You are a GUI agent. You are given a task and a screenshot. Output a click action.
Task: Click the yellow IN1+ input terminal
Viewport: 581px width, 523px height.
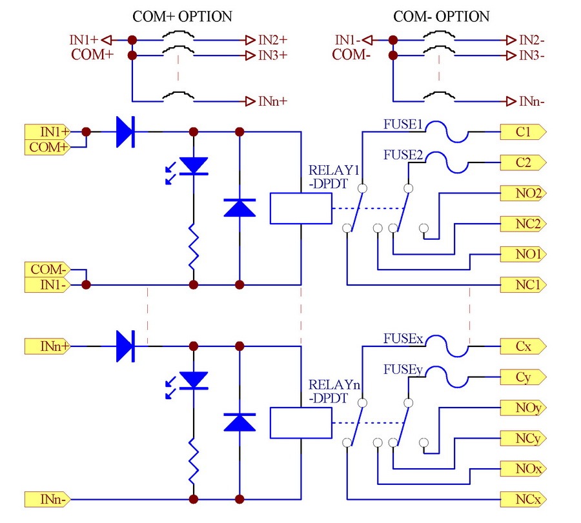coord(47,132)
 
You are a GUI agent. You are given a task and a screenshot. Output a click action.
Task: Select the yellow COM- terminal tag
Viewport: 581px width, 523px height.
coord(47,270)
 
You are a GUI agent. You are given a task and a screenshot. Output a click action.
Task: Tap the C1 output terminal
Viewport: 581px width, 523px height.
coord(523,132)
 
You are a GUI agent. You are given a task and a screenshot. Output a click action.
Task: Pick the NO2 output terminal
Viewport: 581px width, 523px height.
coord(523,193)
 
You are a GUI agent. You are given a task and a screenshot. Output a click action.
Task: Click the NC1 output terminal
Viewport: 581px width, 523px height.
coord(523,285)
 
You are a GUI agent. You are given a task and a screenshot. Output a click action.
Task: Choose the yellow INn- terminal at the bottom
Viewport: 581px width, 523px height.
coord(47,500)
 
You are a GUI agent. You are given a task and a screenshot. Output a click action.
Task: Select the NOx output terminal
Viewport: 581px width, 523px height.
coord(523,469)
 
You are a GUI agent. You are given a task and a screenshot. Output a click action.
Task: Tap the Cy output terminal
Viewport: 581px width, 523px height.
coord(523,377)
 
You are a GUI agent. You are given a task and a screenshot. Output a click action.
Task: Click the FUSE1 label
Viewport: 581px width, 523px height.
coord(403,124)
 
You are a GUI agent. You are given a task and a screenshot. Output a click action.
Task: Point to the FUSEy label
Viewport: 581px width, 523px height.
coord(403,370)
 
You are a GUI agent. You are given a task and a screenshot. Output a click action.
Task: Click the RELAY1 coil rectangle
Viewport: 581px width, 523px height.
coord(301,208)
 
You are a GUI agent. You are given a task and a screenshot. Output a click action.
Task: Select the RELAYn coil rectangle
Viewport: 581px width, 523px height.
coord(301,423)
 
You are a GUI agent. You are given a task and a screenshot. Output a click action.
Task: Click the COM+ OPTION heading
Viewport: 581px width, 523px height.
coord(182,17)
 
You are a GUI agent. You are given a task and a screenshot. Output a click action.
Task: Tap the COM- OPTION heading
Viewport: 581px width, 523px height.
coord(442,17)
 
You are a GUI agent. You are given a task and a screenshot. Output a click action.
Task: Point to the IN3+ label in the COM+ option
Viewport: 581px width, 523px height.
coord(272,55)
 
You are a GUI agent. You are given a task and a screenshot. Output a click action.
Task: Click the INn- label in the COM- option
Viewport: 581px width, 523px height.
coord(532,101)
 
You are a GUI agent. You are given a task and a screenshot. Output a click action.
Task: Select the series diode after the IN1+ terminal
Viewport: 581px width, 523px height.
coord(125,132)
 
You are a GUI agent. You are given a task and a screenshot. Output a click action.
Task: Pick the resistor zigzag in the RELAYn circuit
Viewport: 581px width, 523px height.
coord(194,462)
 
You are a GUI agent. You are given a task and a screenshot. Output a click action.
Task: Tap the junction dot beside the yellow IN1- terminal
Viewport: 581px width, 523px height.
coord(86,284)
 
